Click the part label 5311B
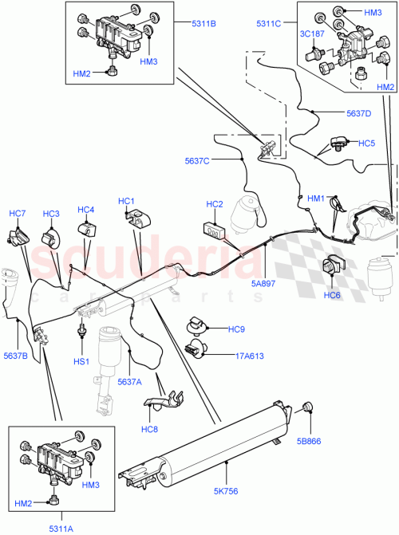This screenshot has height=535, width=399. click(x=203, y=24)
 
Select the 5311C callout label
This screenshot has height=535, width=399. click(x=269, y=24)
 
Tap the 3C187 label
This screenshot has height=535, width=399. click(x=313, y=35)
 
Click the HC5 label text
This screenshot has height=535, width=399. click(x=366, y=144)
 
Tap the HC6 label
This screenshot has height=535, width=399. click(x=332, y=295)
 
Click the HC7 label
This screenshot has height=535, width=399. click(x=18, y=214)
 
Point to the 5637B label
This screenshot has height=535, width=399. click(x=15, y=356)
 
